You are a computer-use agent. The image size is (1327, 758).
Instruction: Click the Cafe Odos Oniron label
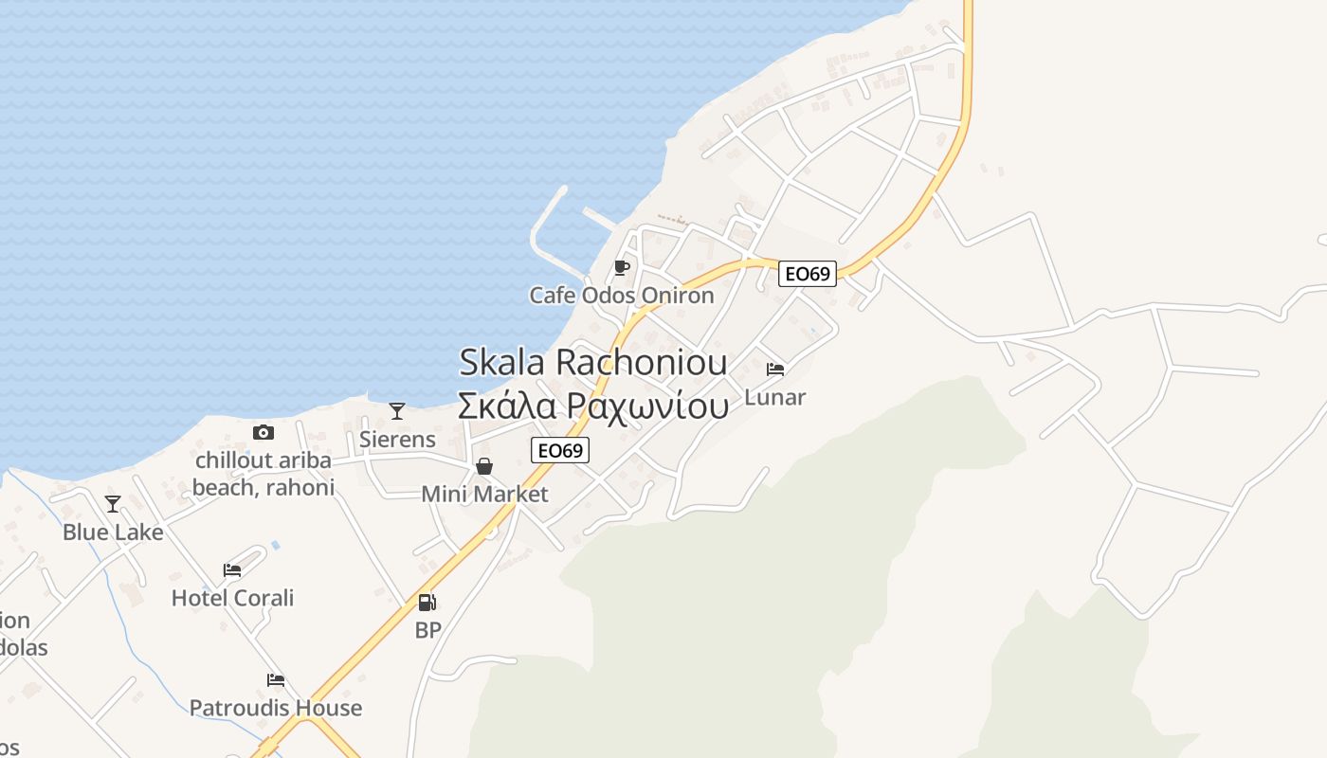621,296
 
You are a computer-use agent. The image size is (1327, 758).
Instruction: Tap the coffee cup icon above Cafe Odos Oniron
621,268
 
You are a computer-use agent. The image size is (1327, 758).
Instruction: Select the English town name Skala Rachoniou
593,362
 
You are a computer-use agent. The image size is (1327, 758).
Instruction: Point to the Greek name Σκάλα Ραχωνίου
593,405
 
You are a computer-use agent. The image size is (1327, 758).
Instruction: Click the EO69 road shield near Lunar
808,274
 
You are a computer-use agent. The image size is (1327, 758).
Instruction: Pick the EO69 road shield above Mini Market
560,450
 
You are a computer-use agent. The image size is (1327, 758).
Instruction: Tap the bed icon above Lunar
775,369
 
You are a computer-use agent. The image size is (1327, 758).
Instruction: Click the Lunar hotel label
775,397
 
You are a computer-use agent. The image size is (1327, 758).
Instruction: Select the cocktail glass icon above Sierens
397,411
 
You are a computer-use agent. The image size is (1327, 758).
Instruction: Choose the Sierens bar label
397,440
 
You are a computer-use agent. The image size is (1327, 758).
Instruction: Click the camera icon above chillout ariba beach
264,433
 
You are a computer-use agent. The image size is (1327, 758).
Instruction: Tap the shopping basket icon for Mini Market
484,466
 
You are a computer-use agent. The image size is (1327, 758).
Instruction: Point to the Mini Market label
484,495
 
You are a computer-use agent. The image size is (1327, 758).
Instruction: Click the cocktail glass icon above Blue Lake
113,504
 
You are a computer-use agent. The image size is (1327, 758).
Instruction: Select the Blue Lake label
113,532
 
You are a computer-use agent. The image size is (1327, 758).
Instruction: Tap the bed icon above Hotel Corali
232,570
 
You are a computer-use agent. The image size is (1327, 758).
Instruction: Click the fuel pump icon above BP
427,603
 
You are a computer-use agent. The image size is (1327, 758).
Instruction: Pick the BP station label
428,630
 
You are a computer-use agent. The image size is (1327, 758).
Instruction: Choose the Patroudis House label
276,708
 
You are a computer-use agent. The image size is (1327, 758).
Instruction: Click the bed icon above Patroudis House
276,680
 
